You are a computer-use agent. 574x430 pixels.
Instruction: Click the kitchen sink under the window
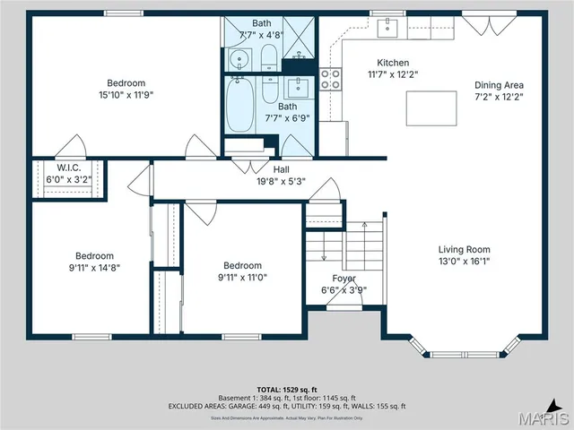coord(388,30)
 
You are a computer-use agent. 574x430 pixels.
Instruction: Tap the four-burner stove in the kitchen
coord(331,80)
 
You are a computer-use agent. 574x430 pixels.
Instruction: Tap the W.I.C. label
coord(69,168)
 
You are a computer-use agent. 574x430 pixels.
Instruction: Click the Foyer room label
coord(344,279)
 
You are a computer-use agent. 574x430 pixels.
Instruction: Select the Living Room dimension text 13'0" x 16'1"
coord(464,262)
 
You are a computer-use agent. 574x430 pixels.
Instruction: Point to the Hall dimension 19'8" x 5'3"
coord(281,180)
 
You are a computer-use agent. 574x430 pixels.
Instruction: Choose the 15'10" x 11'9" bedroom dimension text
coord(126,94)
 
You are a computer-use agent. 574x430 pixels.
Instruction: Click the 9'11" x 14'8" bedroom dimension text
coord(94,266)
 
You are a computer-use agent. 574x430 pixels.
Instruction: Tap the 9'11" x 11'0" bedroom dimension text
coord(243,277)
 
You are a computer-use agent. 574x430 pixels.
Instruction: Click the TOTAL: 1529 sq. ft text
coord(287,389)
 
